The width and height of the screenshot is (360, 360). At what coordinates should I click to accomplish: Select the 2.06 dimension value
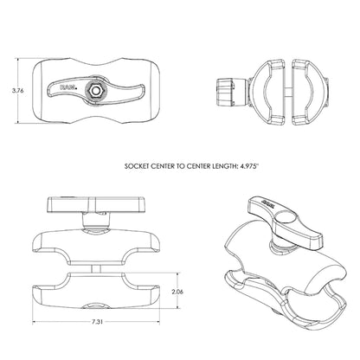(177, 292)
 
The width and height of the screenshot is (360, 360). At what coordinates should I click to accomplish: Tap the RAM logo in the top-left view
(67, 87)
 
